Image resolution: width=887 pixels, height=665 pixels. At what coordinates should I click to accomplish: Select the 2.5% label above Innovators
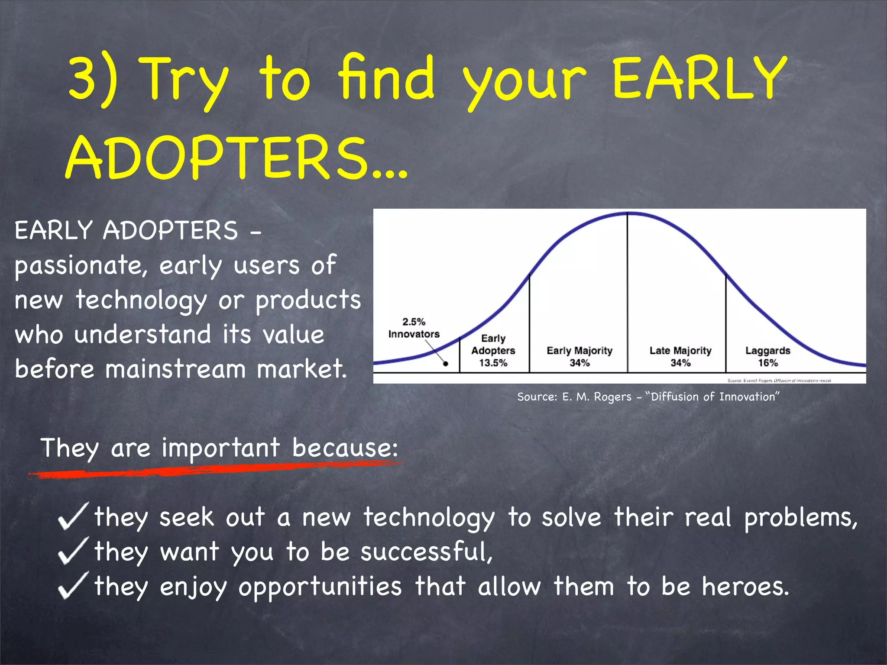coord(414,322)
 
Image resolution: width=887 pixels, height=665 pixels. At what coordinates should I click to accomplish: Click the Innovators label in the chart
coord(414,334)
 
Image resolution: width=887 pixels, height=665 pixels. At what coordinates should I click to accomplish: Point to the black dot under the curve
coord(446,364)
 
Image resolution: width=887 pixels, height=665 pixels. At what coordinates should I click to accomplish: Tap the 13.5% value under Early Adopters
coord(493,363)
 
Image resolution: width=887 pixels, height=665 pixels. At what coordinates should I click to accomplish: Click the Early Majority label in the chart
coord(579,350)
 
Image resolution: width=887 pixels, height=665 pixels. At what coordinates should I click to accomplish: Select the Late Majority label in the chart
coord(680,350)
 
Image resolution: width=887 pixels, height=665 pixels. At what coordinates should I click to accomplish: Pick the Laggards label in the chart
coord(767,350)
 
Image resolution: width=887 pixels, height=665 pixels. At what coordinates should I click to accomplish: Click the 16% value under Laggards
coord(767,363)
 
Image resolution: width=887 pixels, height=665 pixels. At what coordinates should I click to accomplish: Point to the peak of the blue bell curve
coord(628,213)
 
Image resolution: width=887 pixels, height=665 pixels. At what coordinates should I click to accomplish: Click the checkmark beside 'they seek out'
coord(73,516)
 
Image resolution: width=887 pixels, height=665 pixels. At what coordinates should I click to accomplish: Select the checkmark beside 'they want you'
coord(73,551)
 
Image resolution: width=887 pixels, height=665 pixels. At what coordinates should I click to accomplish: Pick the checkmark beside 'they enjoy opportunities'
coord(73,585)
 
